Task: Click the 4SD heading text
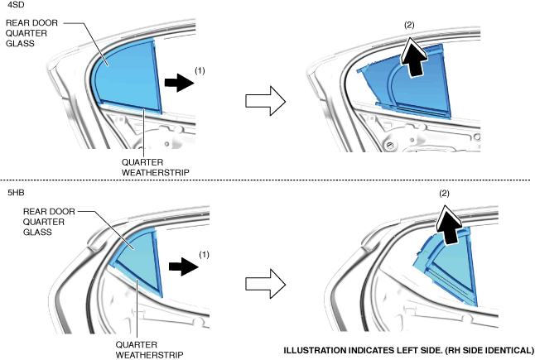pos(15,7)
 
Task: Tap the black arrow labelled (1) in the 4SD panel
pos(176,83)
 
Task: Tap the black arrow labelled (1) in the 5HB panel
pos(181,266)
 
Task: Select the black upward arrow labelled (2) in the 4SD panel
pos(415,60)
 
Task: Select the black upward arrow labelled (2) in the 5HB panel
pos(451,226)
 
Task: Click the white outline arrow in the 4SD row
pos(266,103)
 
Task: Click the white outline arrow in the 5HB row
pos(265,283)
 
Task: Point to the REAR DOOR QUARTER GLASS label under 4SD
pos(31,32)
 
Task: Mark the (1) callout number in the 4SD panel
pos(199,71)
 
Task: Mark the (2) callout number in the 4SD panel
pos(409,25)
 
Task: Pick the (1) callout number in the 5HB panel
pos(205,255)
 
